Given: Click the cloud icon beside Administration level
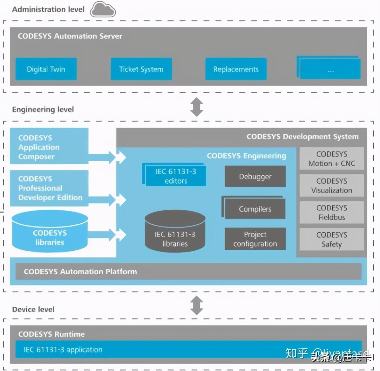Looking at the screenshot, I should click(103, 10).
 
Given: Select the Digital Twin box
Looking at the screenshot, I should click(46, 69).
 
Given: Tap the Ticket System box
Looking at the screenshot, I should click(141, 69).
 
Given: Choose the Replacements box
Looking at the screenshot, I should click(236, 69).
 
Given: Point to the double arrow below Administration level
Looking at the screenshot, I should click(197, 107).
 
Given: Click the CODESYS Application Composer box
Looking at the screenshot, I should click(49, 146).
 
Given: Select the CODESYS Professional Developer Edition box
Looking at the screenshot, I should click(49, 188).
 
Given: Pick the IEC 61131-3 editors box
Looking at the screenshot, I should click(176, 176).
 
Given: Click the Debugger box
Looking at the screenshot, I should click(255, 176).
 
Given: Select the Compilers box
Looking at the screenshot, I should click(255, 209).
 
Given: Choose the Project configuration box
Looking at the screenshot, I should click(255, 239).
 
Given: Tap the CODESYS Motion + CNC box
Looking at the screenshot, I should click(332, 158).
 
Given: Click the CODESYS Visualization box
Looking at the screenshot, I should click(332, 185).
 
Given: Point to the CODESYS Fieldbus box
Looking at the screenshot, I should click(332, 213).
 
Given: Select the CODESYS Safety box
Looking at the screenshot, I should click(332, 239).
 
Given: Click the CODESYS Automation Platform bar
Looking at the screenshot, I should click(188, 271).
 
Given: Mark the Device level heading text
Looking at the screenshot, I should click(33, 309).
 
